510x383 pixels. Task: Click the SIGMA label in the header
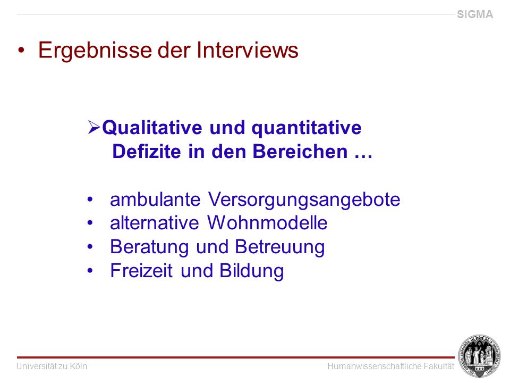tap(475, 14)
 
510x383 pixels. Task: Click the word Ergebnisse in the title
tap(95, 51)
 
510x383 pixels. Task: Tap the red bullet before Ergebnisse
tap(21, 50)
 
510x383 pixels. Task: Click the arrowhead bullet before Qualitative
tap(94, 127)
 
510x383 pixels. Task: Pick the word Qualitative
tap(152, 128)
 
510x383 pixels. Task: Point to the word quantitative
tap(307, 128)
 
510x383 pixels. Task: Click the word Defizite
tap(147, 152)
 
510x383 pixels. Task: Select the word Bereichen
tap(300, 152)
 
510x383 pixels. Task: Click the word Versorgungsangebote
tap(304, 199)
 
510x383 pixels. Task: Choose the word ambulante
tap(155, 199)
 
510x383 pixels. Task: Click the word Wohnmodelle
tap(267, 223)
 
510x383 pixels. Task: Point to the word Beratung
tap(149, 247)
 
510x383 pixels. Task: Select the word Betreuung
tap(280, 247)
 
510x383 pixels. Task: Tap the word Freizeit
tap(141, 270)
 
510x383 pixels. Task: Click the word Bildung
tap(252, 271)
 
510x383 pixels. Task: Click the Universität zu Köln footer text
tap(52, 367)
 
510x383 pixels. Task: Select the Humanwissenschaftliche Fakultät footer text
tap(390, 367)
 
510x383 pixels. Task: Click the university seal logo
tap(479, 356)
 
